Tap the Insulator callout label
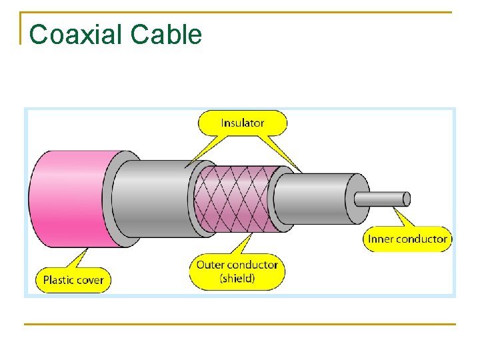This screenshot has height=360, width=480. click(x=243, y=123)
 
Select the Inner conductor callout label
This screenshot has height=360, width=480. click(x=407, y=239)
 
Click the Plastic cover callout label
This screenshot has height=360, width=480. click(x=73, y=279)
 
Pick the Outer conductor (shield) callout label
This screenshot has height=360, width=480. click(x=237, y=271)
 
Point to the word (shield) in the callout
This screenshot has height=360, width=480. click(x=237, y=278)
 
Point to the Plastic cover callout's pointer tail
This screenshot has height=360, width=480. click(x=83, y=257)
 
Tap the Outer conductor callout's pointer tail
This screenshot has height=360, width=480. click(x=247, y=243)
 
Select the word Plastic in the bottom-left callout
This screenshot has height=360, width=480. click(x=57, y=279)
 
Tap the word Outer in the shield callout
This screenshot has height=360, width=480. click(x=211, y=265)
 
